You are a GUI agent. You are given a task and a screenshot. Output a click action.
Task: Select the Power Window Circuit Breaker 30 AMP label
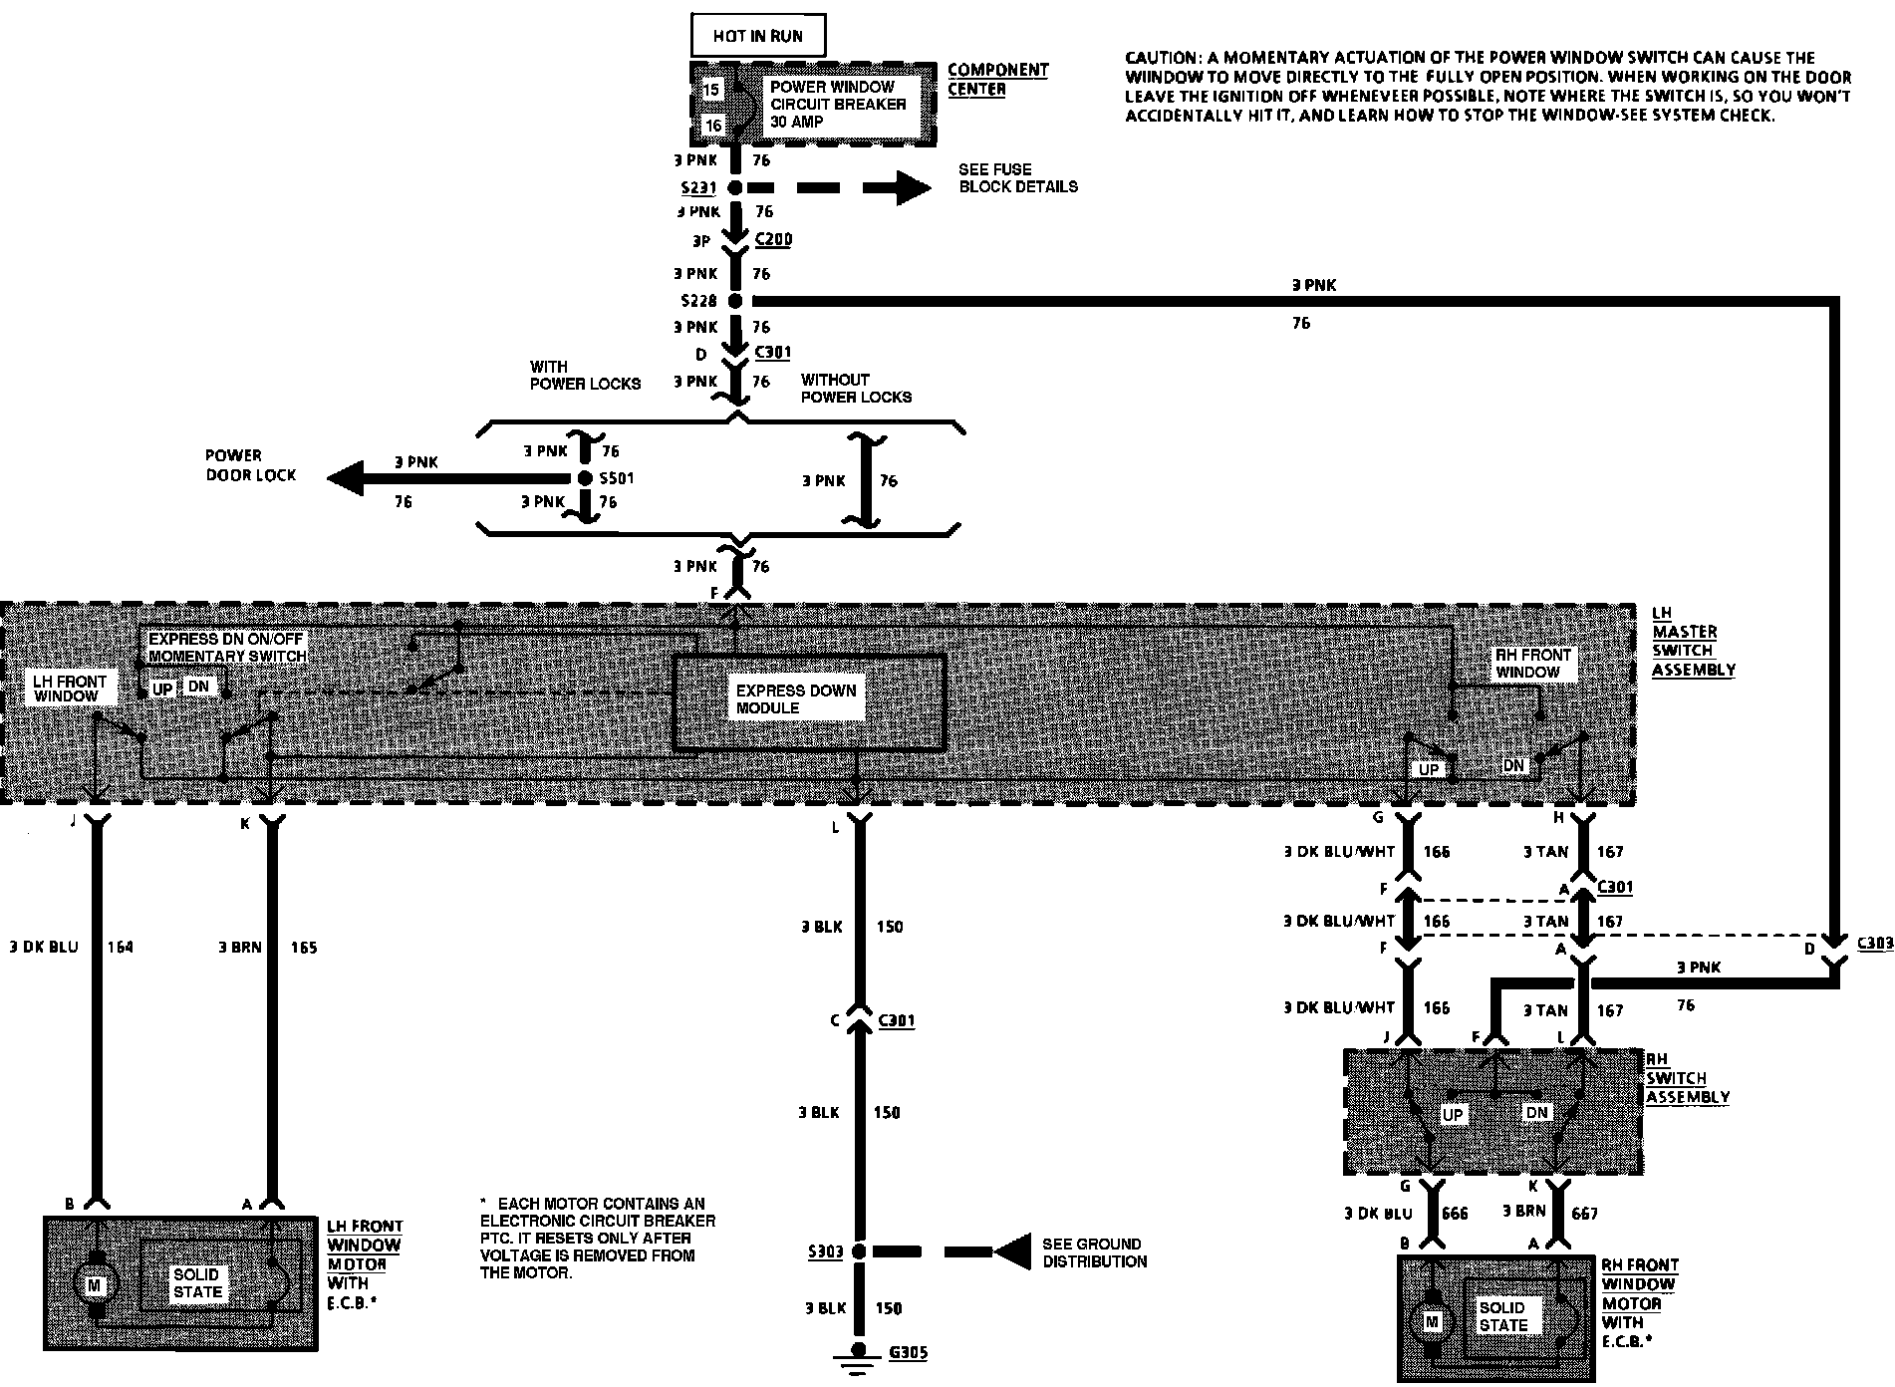(x=837, y=104)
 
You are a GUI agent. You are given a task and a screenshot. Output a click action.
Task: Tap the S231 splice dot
(x=734, y=187)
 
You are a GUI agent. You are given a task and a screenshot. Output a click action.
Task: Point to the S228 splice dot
(x=735, y=301)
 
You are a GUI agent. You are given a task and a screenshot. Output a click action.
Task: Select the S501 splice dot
(x=586, y=478)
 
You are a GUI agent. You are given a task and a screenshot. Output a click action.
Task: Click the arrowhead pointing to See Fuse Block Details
(x=913, y=187)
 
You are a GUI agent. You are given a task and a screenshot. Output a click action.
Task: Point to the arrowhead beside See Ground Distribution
(x=1013, y=1251)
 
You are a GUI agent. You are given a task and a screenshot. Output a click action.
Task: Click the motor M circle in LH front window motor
(x=95, y=1285)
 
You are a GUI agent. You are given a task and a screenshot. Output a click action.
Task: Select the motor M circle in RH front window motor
(x=1432, y=1322)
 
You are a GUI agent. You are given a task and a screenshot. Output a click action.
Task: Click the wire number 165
(x=303, y=947)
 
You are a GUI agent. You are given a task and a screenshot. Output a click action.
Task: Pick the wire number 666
(x=1456, y=1213)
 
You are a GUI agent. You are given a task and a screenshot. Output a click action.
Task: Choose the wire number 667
(x=1583, y=1213)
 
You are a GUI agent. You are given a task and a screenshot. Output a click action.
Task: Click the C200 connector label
(x=773, y=240)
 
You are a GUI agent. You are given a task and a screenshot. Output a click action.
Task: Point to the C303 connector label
(x=1874, y=942)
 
